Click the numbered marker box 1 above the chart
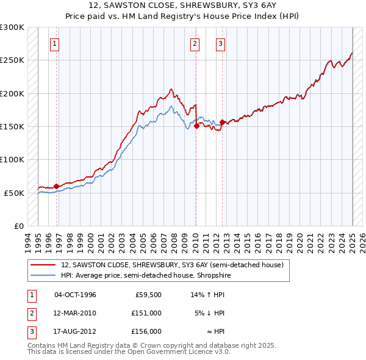tap(55, 43)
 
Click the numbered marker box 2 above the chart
tap(195, 43)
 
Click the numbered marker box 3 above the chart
tap(220, 43)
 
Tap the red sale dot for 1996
tap(56, 186)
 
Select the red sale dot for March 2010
tap(196, 126)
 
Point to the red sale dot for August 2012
tap(222, 123)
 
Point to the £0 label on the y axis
tap(18, 226)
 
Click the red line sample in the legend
tap(43, 265)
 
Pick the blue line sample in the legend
tap(43, 275)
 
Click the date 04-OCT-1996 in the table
tap(75, 295)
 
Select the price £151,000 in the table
tap(146, 313)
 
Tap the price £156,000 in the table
tap(146, 331)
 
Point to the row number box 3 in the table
tap(31, 331)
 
